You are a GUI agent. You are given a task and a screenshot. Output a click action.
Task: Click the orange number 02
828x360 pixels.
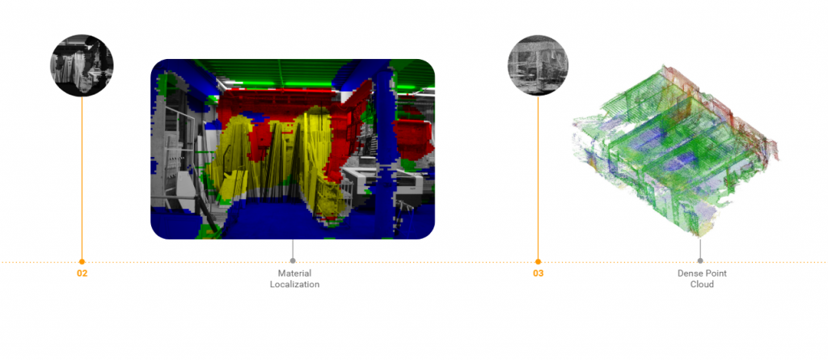pyautogui.click(x=82, y=273)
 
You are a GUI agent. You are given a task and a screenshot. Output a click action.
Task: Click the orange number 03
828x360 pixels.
pyautogui.click(x=538, y=273)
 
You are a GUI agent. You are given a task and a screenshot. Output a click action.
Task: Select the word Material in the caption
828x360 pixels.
pyautogui.click(x=294, y=273)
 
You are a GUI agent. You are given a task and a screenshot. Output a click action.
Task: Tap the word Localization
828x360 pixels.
pyautogui.click(x=294, y=285)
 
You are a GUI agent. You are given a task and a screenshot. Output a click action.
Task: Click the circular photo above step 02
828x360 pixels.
pyautogui.click(x=82, y=65)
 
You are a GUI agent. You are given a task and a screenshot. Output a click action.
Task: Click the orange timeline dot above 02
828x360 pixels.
pyautogui.click(x=82, y=261)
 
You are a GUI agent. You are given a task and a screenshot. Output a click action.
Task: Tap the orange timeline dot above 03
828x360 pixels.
pyautogui.click(x=538, y=261)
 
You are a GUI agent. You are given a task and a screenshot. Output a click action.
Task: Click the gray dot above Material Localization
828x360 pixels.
pyautogui.click(x=293, y=261)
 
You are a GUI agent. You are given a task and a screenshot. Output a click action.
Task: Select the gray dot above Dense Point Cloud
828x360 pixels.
pyautogui.click(x=700, y=261)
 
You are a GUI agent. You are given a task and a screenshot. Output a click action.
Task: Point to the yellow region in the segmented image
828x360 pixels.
pyautogui.click(x=275, y=162)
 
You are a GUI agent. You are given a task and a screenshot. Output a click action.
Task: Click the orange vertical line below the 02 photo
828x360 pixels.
pyautogui.click(x=82, y=178)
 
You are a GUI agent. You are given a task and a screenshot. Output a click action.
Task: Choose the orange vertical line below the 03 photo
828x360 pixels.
pyautogui.click(x=538, y=178)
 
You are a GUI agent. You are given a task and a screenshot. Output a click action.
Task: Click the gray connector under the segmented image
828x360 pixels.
pyautogui.click(x=293, y=249)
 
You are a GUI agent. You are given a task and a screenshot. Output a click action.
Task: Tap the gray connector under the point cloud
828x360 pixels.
pyautogui.click(x=700, y=249)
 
